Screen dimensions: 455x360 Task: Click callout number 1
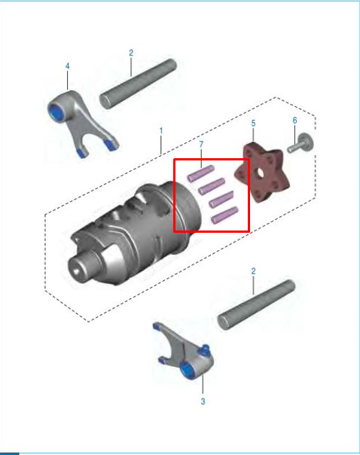pyautogui.click(x=160, y=130)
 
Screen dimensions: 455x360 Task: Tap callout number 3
pyautogui.click(x=203, y=402)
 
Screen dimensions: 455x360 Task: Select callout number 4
pyautogui.click(x=67, y=66)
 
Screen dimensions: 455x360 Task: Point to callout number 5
pyautogui.click(x=253, y=122)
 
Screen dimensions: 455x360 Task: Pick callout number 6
pyautogui.click(x=294, y=120)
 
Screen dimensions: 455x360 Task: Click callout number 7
pyautogui.click(x=201, y=144)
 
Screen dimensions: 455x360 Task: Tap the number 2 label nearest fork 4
pyautogui.click(x=130, y=53)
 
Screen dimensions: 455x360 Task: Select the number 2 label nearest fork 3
pyautogui.click(x=253, y=270)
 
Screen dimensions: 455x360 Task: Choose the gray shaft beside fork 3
pyautogui.click(x=256, y=304)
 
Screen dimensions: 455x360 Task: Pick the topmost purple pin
pyautogui.click(x=202, y=173)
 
